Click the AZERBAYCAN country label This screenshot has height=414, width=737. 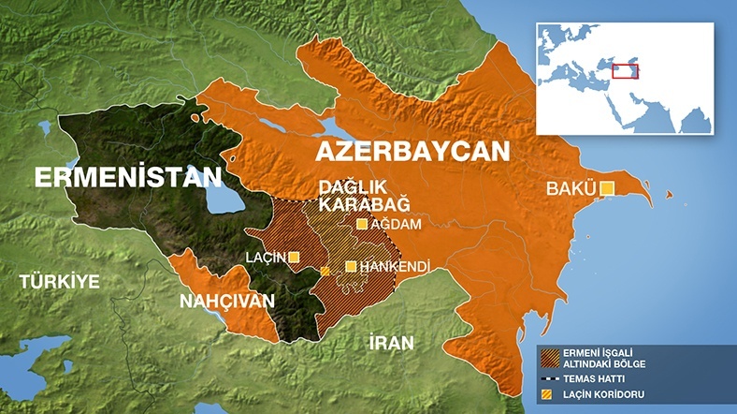[412, 153]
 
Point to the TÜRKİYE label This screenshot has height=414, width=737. [59, 280]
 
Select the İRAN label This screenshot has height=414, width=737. [390, 342]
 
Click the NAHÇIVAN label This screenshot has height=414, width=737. [229, 301]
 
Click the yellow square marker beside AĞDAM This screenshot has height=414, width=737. [362, 224]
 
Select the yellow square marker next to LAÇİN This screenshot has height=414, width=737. [294, 257]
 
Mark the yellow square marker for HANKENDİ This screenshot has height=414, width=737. [351, 267]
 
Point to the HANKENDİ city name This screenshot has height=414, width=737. [394, 267]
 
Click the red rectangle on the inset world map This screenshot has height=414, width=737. [625, 70]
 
